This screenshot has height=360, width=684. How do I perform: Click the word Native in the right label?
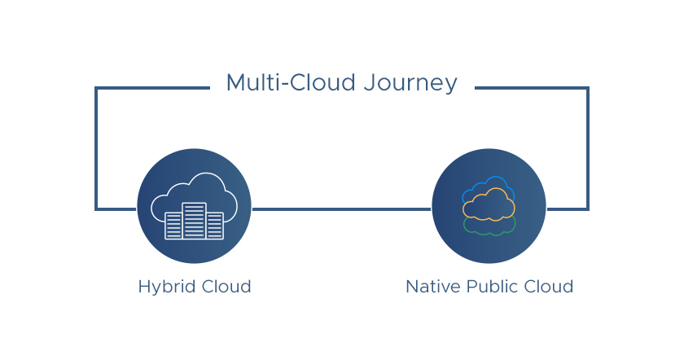(432, 287)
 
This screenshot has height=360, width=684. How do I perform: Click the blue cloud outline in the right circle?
(494, 178)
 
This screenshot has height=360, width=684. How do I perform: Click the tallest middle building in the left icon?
(194, 221)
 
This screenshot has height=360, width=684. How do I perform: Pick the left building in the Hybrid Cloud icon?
(173, 226)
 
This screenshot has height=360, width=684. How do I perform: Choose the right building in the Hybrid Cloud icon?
(215, 226)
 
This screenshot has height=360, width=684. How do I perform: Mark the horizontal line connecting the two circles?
(341, 209)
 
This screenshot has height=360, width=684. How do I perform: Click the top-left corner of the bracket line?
(96, 88)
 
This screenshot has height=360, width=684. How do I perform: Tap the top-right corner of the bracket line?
(588, 88)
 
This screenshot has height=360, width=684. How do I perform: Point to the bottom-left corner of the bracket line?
(96, 209)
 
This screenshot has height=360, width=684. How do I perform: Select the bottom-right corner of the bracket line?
(588, 209)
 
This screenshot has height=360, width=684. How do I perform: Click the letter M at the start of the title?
(236, 82)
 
